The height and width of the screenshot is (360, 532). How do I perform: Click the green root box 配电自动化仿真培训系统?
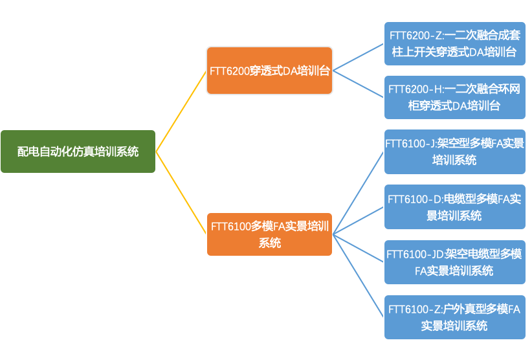pos(78,152)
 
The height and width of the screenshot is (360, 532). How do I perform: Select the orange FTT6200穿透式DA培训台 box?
pos(269,71)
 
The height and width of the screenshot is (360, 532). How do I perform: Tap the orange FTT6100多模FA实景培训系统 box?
pos(269,234)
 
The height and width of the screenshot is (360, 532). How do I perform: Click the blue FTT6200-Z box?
pos(454,43)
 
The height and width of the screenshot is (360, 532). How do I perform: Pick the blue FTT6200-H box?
pos(454,97)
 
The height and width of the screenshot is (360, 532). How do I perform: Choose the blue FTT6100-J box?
pos(454,152)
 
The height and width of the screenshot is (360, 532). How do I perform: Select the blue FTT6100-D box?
pos(454,207)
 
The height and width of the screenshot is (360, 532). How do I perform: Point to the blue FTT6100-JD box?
pos(454,262)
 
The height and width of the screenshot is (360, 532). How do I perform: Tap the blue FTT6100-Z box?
pos(454,317)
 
